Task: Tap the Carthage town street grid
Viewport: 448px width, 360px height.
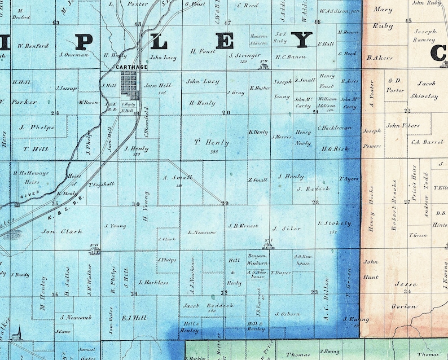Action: click(129, 85)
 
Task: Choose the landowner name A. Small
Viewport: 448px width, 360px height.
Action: click(178, 178)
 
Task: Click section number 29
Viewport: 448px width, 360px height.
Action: click(225, 203)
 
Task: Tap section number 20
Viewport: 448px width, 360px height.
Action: click(226, 113)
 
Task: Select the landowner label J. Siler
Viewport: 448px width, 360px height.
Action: click(283, 229)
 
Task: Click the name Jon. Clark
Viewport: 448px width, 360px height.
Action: click(62, 231)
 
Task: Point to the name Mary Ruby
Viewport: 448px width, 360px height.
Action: click(383, 17)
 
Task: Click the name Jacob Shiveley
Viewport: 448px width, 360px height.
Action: click(420, 90)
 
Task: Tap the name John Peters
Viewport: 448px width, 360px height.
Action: click(403, 125)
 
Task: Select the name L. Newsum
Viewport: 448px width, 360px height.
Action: click(202, 232)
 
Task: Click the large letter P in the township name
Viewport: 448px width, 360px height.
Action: click(84, 41)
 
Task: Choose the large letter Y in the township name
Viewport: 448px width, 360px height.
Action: click(301, 40)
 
